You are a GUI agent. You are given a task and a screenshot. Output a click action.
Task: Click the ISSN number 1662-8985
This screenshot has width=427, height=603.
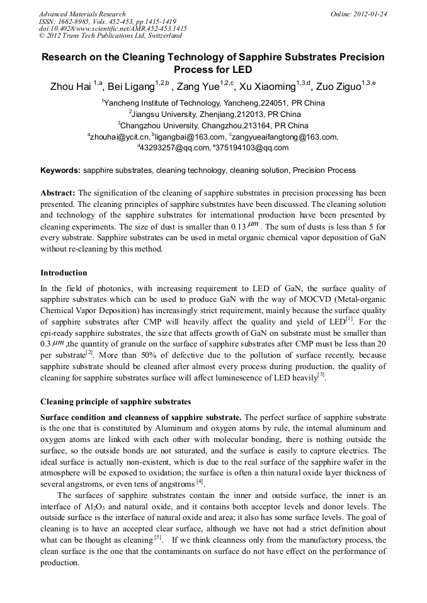(x=72, y=21)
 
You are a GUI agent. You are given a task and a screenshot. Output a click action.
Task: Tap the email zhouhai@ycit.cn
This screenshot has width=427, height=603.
(x=120, y=137)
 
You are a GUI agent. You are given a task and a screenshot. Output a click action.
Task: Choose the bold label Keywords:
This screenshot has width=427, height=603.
(x=60, y=170)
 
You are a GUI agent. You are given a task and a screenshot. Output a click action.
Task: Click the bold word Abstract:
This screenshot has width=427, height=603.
(x=58, y=193)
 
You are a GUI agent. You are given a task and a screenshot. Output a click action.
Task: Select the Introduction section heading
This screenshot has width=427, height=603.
(x=64, y=273)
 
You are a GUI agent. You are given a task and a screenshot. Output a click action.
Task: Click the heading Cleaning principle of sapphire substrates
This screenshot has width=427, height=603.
(x=115, y=401)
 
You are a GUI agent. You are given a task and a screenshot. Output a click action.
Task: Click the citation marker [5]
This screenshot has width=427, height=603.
(x=158, y=538)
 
